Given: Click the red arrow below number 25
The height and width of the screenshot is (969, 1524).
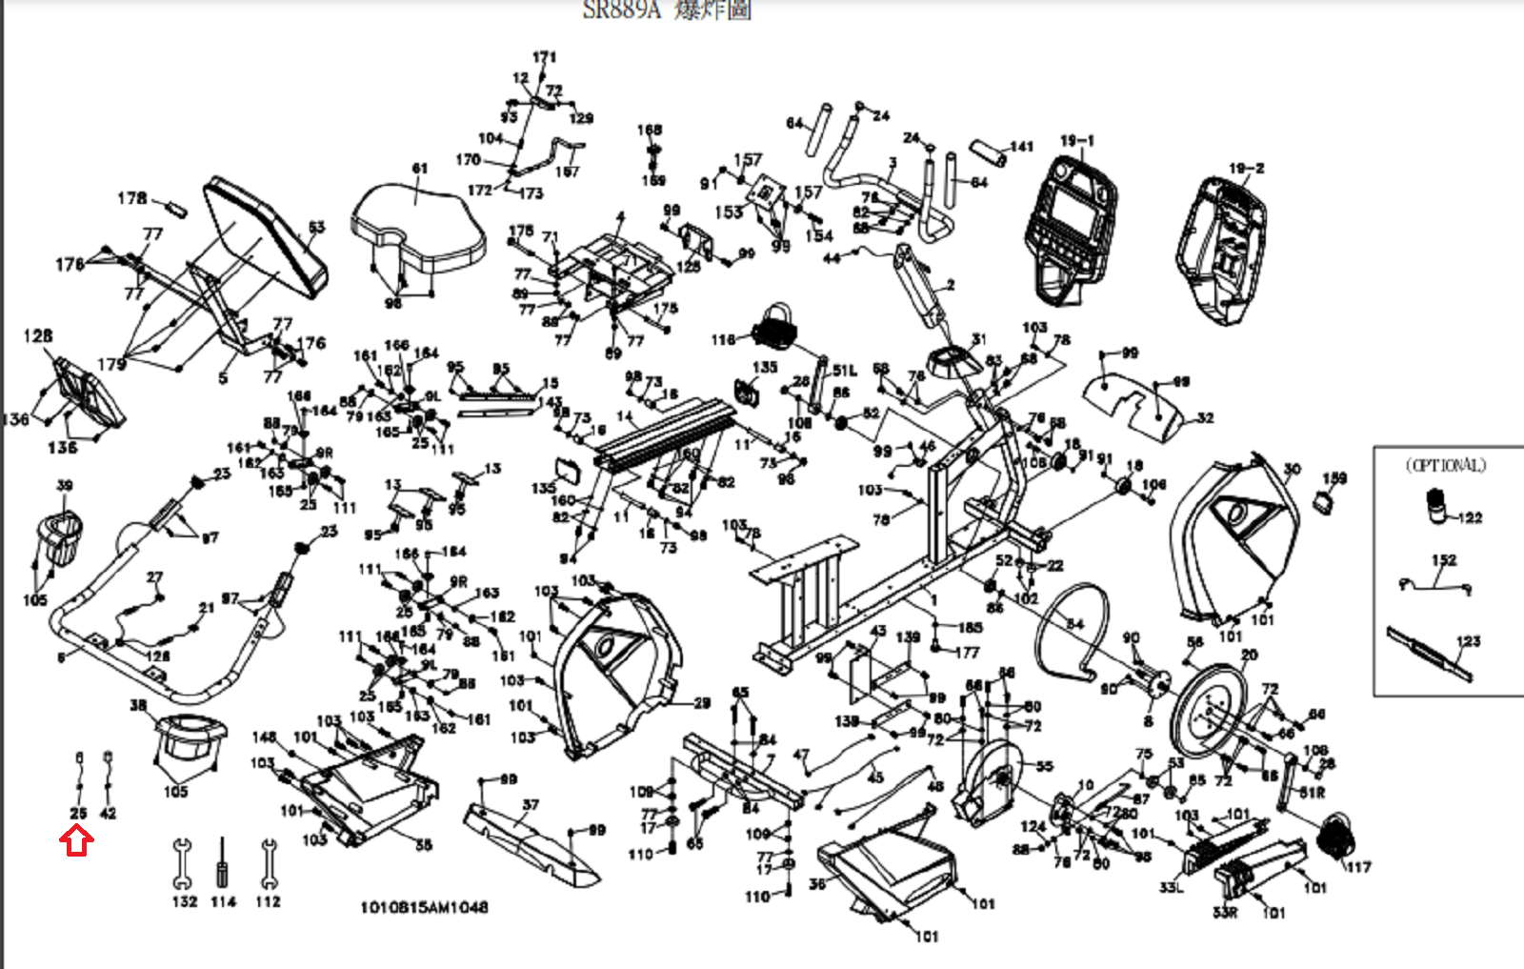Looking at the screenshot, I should click(76, 841).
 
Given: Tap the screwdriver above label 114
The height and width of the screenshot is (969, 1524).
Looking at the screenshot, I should click(223, 862).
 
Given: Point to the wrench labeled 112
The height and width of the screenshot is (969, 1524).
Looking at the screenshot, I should click(269, 861).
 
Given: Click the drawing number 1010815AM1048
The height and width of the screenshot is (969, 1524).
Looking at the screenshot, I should click(424, 907).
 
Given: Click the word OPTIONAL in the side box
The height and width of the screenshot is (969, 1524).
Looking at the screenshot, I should click(1445, 466).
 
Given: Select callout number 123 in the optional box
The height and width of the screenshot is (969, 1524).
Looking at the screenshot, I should click(1468, 641).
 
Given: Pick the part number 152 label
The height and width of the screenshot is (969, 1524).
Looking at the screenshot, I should click(1444, 560).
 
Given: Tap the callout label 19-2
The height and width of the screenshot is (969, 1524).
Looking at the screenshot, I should click(1246, 169).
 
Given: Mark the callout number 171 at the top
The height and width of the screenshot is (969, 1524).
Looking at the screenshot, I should click(545, 57).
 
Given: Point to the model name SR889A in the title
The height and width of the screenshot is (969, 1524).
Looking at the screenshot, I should click(621, 10).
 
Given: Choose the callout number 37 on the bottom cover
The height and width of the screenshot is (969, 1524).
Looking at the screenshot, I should click(531, 805).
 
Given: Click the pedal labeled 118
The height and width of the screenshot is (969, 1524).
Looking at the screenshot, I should click(773, 330).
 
